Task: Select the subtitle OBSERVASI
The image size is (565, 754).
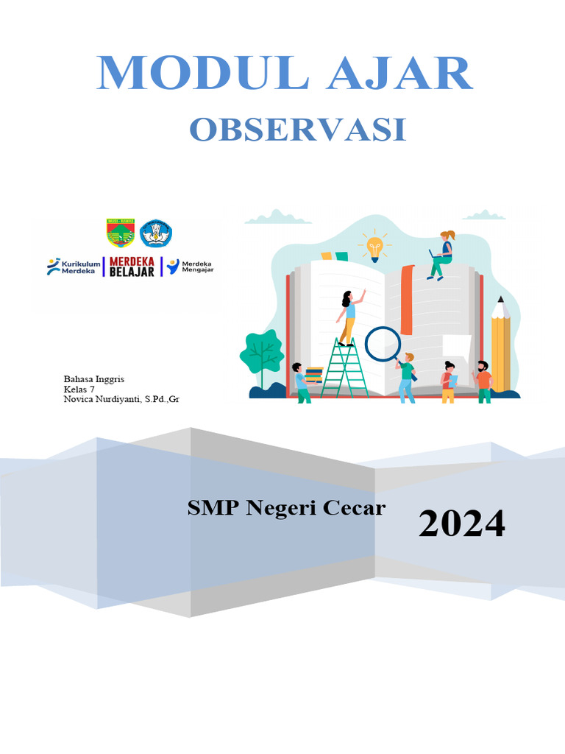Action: pyautogui.click(x=298, y=130)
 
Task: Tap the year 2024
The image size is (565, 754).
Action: pyautogui.click(x=462, y=524)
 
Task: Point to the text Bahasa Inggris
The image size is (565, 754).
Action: pyautogui.click(x=94, y=378)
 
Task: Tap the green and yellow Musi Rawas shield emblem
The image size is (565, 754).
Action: pyautogui.click(x=121, y=233)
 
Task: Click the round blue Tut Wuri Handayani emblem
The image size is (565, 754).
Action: pyautogui.click(x=155, y=233)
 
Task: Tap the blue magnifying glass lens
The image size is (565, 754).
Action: pyautogui.click(x=383, y=343)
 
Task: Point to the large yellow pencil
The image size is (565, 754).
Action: pyautogui.click(x=500, y=346)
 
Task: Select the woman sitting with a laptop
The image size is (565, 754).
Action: pyautogui.click(x=442, y=254)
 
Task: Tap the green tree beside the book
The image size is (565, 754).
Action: pyautogui.click(x=261, y=353)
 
